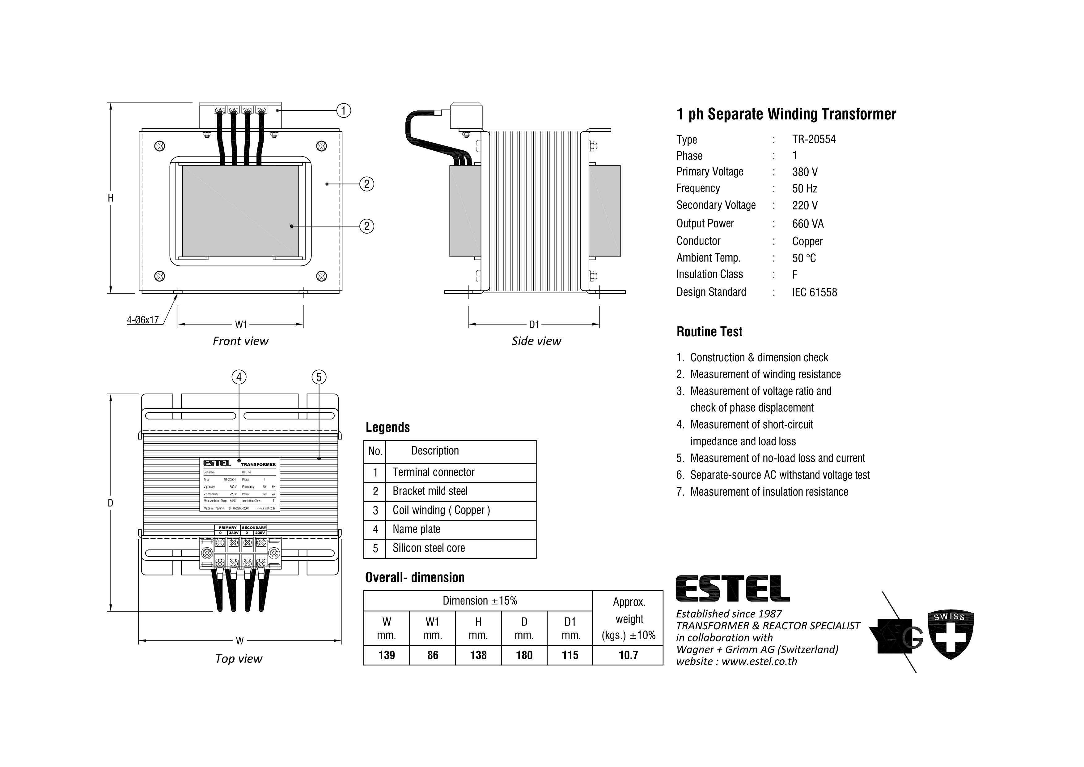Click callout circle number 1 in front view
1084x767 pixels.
[x=343, y=110]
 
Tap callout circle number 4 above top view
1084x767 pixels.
[x=239, y=377]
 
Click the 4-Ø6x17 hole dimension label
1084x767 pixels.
[x=142, y=320]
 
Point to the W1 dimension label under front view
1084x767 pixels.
[x=241, y=324]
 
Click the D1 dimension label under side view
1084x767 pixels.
[x=534, y=324]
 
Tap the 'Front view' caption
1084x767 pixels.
[x=240, y=341]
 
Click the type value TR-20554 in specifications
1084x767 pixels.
[x=814, y=140]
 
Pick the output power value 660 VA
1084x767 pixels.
[x=807, y=223]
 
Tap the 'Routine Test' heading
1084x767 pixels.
[x=709, y=332]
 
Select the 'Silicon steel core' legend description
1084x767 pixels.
[x=428, y=548]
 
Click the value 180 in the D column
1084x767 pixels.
[x=524, y=655]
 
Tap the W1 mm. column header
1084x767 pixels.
[x=433, y=628]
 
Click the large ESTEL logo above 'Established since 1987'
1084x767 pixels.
[x=732, y=588]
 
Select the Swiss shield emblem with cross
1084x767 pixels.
[x=951, y=635]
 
